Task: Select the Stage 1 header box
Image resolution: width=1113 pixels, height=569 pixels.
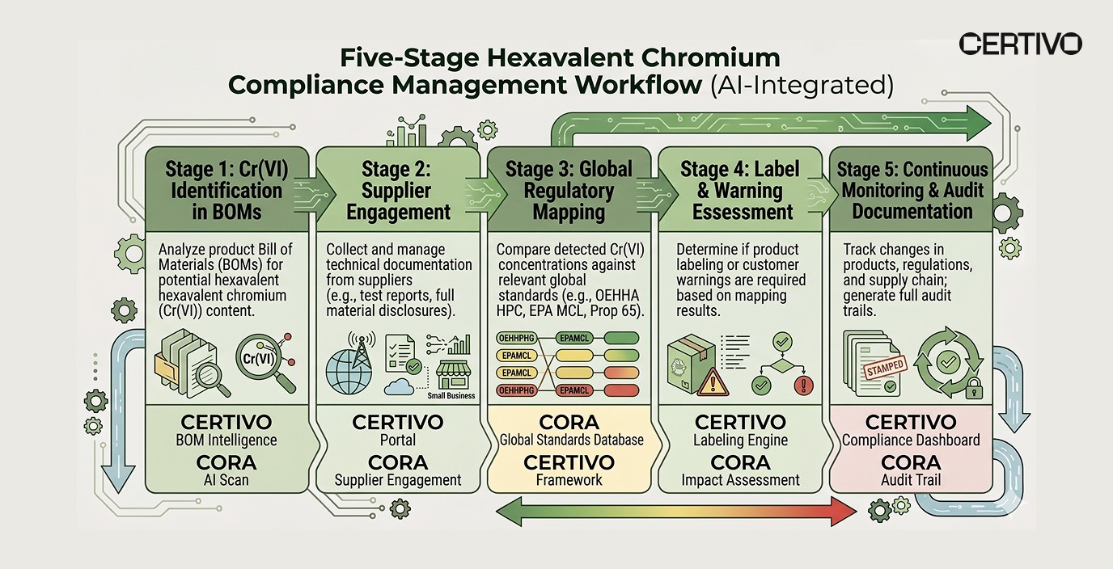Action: [226, 191]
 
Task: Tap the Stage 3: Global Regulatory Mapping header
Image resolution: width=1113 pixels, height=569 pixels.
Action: [569, 191]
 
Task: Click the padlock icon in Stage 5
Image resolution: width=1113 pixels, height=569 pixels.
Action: [973, 388]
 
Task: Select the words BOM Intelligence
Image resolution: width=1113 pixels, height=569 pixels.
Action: [226, 440]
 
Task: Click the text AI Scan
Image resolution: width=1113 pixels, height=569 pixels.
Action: [226, 480]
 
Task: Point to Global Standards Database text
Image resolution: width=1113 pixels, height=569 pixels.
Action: [572, 440]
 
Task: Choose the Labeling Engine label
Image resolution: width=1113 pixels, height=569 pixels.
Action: [740, 440]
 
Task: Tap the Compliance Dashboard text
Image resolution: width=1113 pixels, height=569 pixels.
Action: [911, 440]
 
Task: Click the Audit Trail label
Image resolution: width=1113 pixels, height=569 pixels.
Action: [911, 480]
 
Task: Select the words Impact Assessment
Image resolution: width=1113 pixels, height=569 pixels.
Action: [740, 480]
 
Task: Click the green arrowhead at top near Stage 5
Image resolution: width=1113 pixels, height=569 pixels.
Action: [979, 124]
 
